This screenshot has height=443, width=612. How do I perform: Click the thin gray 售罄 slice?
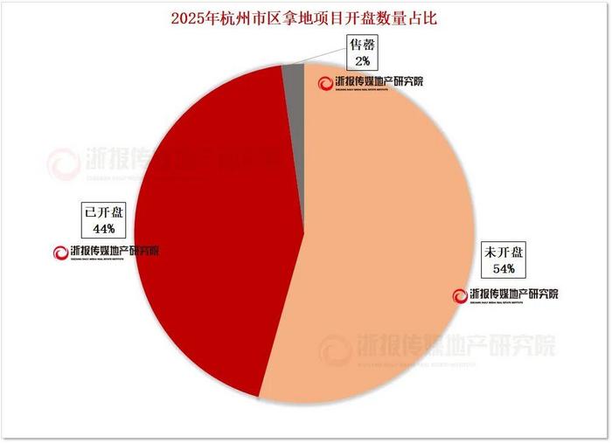coord(293,79)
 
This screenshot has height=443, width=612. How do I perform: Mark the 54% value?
coord(504,268)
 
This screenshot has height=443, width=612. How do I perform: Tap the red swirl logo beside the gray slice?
coord(325,83)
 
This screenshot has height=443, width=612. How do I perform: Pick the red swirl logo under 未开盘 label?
coord(459,294)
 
